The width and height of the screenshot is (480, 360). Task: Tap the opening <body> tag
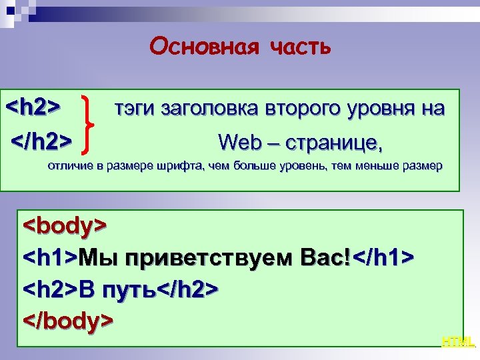65,225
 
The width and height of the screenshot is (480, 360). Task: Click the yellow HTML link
458,342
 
